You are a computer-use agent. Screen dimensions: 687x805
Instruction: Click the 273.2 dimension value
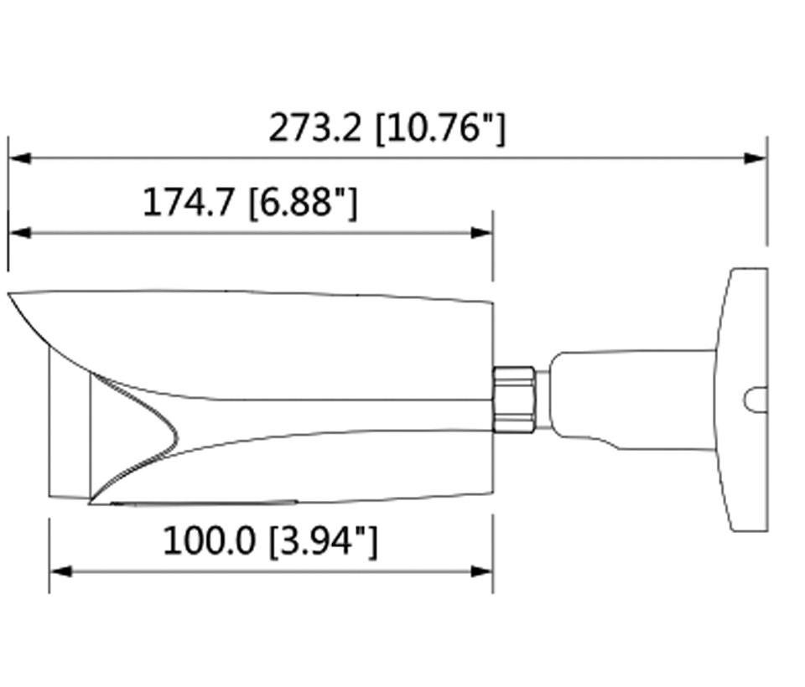coord(314,128)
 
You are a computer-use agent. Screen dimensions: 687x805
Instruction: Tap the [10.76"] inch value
coord(439,128)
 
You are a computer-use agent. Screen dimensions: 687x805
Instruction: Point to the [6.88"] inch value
coord(303,202)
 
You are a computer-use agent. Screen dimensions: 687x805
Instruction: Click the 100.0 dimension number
coord(209,541)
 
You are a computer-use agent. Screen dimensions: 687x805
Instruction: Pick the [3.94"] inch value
coord(323,541)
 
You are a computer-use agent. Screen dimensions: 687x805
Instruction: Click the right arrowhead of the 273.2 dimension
coord(756,158)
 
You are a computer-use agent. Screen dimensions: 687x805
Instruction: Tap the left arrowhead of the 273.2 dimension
coord(19,158)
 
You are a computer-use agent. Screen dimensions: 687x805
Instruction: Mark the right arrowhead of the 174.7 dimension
coord(482,232)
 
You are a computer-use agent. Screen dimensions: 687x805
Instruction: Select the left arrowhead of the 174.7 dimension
coord(19,232)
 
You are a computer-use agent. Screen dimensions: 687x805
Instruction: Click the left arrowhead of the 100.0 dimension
coord(60,571)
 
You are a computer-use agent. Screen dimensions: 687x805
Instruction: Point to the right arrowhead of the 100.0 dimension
coord(482,571)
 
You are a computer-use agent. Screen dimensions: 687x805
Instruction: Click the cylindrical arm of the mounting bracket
coord(629,398)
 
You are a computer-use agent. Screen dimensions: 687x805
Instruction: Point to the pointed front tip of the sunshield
coord(12,296)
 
